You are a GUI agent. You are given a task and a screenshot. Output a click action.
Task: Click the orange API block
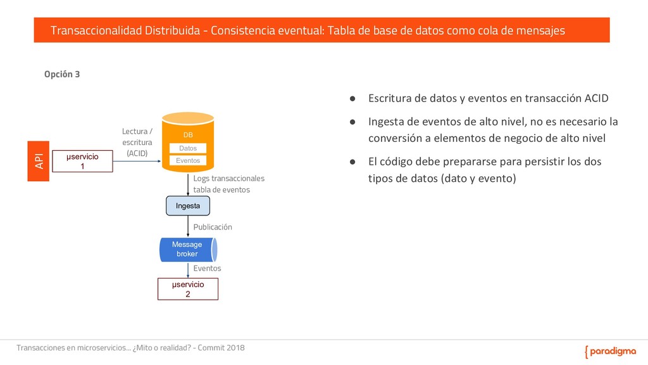[39, 161]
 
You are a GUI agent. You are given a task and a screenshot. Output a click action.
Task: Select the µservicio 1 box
[82, 161]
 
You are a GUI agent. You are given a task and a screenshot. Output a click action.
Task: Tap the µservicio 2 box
[187, 289]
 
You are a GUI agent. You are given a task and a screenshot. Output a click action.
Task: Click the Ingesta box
[187, 206]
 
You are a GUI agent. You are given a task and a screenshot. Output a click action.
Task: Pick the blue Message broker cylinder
[188, 249]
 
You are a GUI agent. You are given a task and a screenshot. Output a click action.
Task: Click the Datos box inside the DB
[188, 148]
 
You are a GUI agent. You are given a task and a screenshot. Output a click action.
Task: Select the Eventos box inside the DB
[188, 161]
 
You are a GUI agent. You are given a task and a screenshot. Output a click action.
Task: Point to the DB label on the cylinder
[188, 136]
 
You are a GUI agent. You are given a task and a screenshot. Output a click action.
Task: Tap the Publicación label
[213, 227]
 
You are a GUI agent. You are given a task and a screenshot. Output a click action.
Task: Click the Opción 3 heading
[61, 74]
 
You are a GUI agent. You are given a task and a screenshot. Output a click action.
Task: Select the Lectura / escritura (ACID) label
[137, 142]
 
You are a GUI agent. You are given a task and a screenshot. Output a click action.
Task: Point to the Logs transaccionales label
[228, 179]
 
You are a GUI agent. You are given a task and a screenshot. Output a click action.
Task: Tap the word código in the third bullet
[401, 162]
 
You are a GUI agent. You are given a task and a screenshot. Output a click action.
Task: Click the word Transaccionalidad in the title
[93, 30]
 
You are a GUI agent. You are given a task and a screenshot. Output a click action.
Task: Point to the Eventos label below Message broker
[207, 269]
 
